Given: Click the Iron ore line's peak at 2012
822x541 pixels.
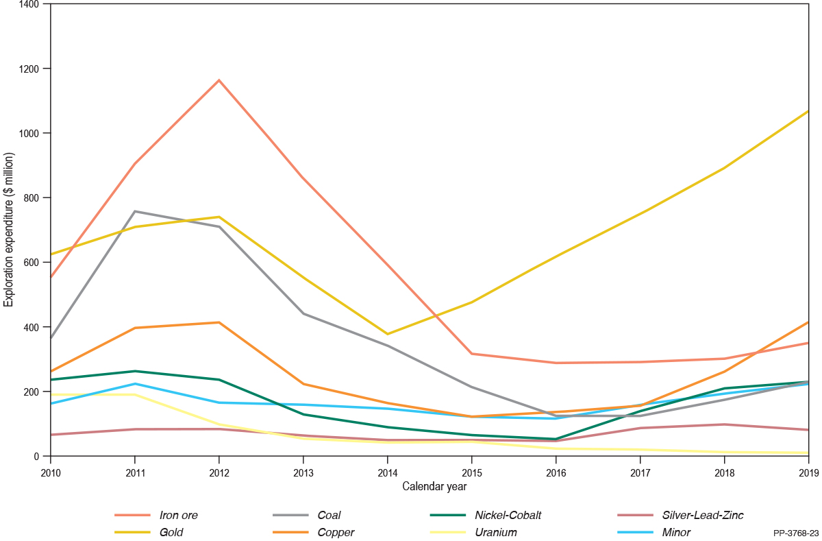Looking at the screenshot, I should point(219,80).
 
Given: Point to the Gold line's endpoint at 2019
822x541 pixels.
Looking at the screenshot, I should point(808,111).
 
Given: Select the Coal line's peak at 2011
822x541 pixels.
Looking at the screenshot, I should point(135,211).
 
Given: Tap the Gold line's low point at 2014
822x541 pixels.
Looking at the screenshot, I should point(388,334).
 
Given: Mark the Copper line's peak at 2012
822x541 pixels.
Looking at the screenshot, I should point(219,322).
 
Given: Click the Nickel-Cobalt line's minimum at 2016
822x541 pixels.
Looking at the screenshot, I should point(556,439).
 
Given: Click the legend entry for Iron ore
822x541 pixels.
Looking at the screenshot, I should point(178,515).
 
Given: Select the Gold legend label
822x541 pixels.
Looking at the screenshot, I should point(171,532).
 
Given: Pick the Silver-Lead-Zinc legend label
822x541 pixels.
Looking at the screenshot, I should point(693,515).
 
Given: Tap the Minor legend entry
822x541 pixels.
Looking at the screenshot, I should point(676,532).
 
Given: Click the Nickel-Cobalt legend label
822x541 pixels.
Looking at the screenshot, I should point(506,515).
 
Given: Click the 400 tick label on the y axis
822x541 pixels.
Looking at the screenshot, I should point(32,327).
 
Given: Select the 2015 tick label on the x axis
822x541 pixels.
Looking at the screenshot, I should point(471,472).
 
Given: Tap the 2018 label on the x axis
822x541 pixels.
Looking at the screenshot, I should point(724,472).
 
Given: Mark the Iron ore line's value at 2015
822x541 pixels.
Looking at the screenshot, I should point(471,354).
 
